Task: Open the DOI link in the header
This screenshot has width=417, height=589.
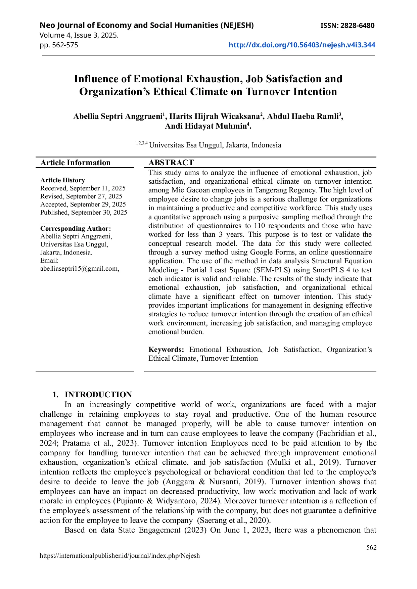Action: tap(302, 45)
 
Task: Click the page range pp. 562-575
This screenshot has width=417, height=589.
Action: tap(59, 45)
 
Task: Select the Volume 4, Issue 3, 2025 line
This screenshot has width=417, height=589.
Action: tap(79, 35)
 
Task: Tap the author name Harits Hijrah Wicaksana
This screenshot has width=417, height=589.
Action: tap(215, 117)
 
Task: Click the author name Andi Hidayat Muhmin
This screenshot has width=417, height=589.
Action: tap(206, 126)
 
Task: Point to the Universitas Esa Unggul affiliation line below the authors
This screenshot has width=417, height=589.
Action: tap(215, 145)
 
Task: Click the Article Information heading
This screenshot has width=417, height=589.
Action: tap(76, 163)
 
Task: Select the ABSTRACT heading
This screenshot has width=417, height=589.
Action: tap(171, 163)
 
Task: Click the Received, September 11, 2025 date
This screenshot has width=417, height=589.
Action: tap(83, 188)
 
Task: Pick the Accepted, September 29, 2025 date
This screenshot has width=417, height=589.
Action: tap(83, 204)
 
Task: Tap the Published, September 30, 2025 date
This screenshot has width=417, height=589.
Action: tap(84, 212)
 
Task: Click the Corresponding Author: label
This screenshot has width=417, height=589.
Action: tap(76, 228)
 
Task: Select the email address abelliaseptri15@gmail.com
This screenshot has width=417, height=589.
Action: tap(79, 268)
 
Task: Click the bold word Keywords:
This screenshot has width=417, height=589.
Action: tap(166, 350)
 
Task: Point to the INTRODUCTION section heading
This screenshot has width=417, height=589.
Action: tap(98, 395)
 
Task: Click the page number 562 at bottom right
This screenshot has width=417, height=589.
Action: tap(371, 547)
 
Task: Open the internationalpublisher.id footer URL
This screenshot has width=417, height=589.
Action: tap(120, 556)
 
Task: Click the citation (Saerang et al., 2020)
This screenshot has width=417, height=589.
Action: tap(234, 520)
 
